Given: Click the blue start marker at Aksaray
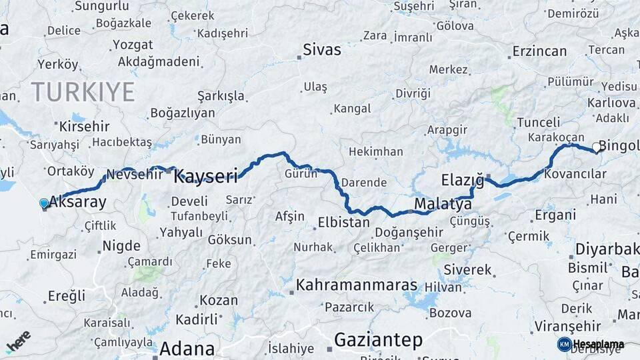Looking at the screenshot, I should point(44,203).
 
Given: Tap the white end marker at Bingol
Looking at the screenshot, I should point(597,148).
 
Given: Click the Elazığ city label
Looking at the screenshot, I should point(462,179).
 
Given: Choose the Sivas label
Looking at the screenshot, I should point(321,49).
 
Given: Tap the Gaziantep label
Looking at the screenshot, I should point(378,340).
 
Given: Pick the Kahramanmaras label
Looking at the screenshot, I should point(357,285).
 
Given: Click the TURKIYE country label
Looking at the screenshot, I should point(83,91).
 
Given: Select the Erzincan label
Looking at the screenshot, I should point(539,51).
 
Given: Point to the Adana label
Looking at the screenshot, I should point(187,349).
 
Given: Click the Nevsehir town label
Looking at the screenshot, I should point(134,174).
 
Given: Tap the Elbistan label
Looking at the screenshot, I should point(343,222).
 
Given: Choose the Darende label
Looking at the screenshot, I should point(363,182).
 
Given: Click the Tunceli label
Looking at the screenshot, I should point(538,122).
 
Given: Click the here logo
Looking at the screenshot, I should point(19,341).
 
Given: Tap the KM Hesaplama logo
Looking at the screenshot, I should point(591,344).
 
